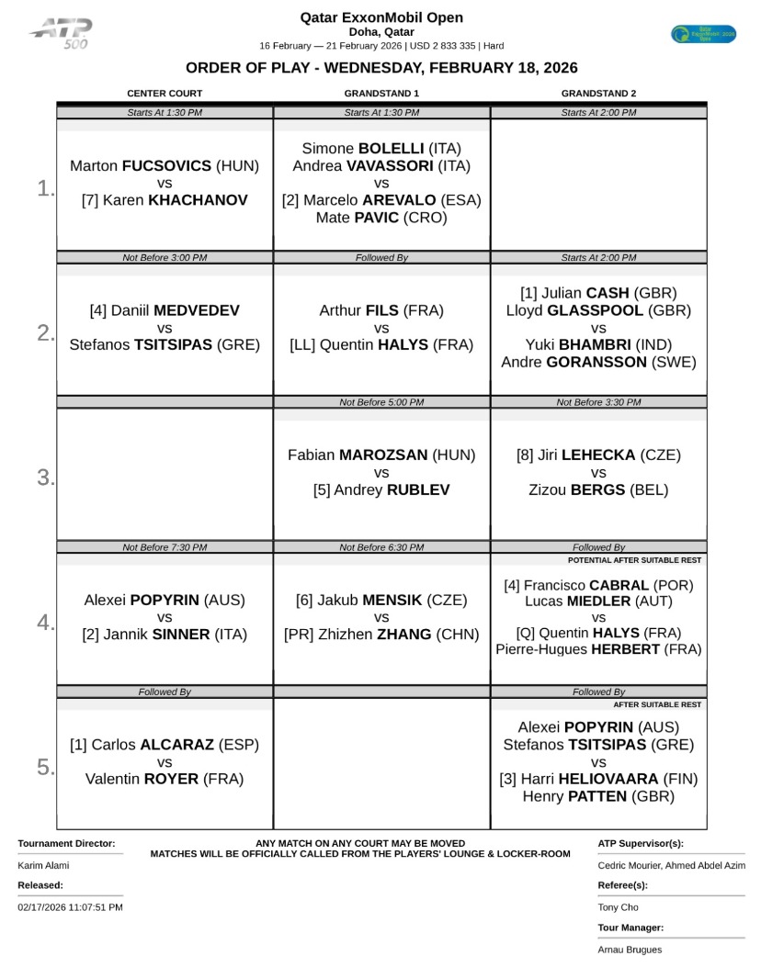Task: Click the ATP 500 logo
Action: coord(61,34)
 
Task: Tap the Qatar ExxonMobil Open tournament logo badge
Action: coord(703,34)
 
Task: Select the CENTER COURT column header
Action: coord(165,94)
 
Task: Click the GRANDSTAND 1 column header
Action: coord(381,94)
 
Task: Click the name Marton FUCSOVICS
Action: coord(165,166)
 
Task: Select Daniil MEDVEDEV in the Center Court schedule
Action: coord(165,311)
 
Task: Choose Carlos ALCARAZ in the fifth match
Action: coord(165,745)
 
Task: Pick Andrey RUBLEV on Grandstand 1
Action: coord(381,490)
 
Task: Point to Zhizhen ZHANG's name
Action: coord(381,635)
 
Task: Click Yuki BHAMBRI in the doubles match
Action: coord(598,345)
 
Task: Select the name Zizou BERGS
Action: coord(598,490)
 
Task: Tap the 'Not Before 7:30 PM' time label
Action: coord(165,547)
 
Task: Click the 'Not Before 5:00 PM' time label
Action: coord(381,402)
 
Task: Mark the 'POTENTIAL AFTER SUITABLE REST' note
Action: coord(634,559)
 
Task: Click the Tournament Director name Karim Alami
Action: coord(43,865)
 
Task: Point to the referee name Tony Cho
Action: coord(618,907)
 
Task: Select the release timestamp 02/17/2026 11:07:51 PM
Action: coord(70,907)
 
